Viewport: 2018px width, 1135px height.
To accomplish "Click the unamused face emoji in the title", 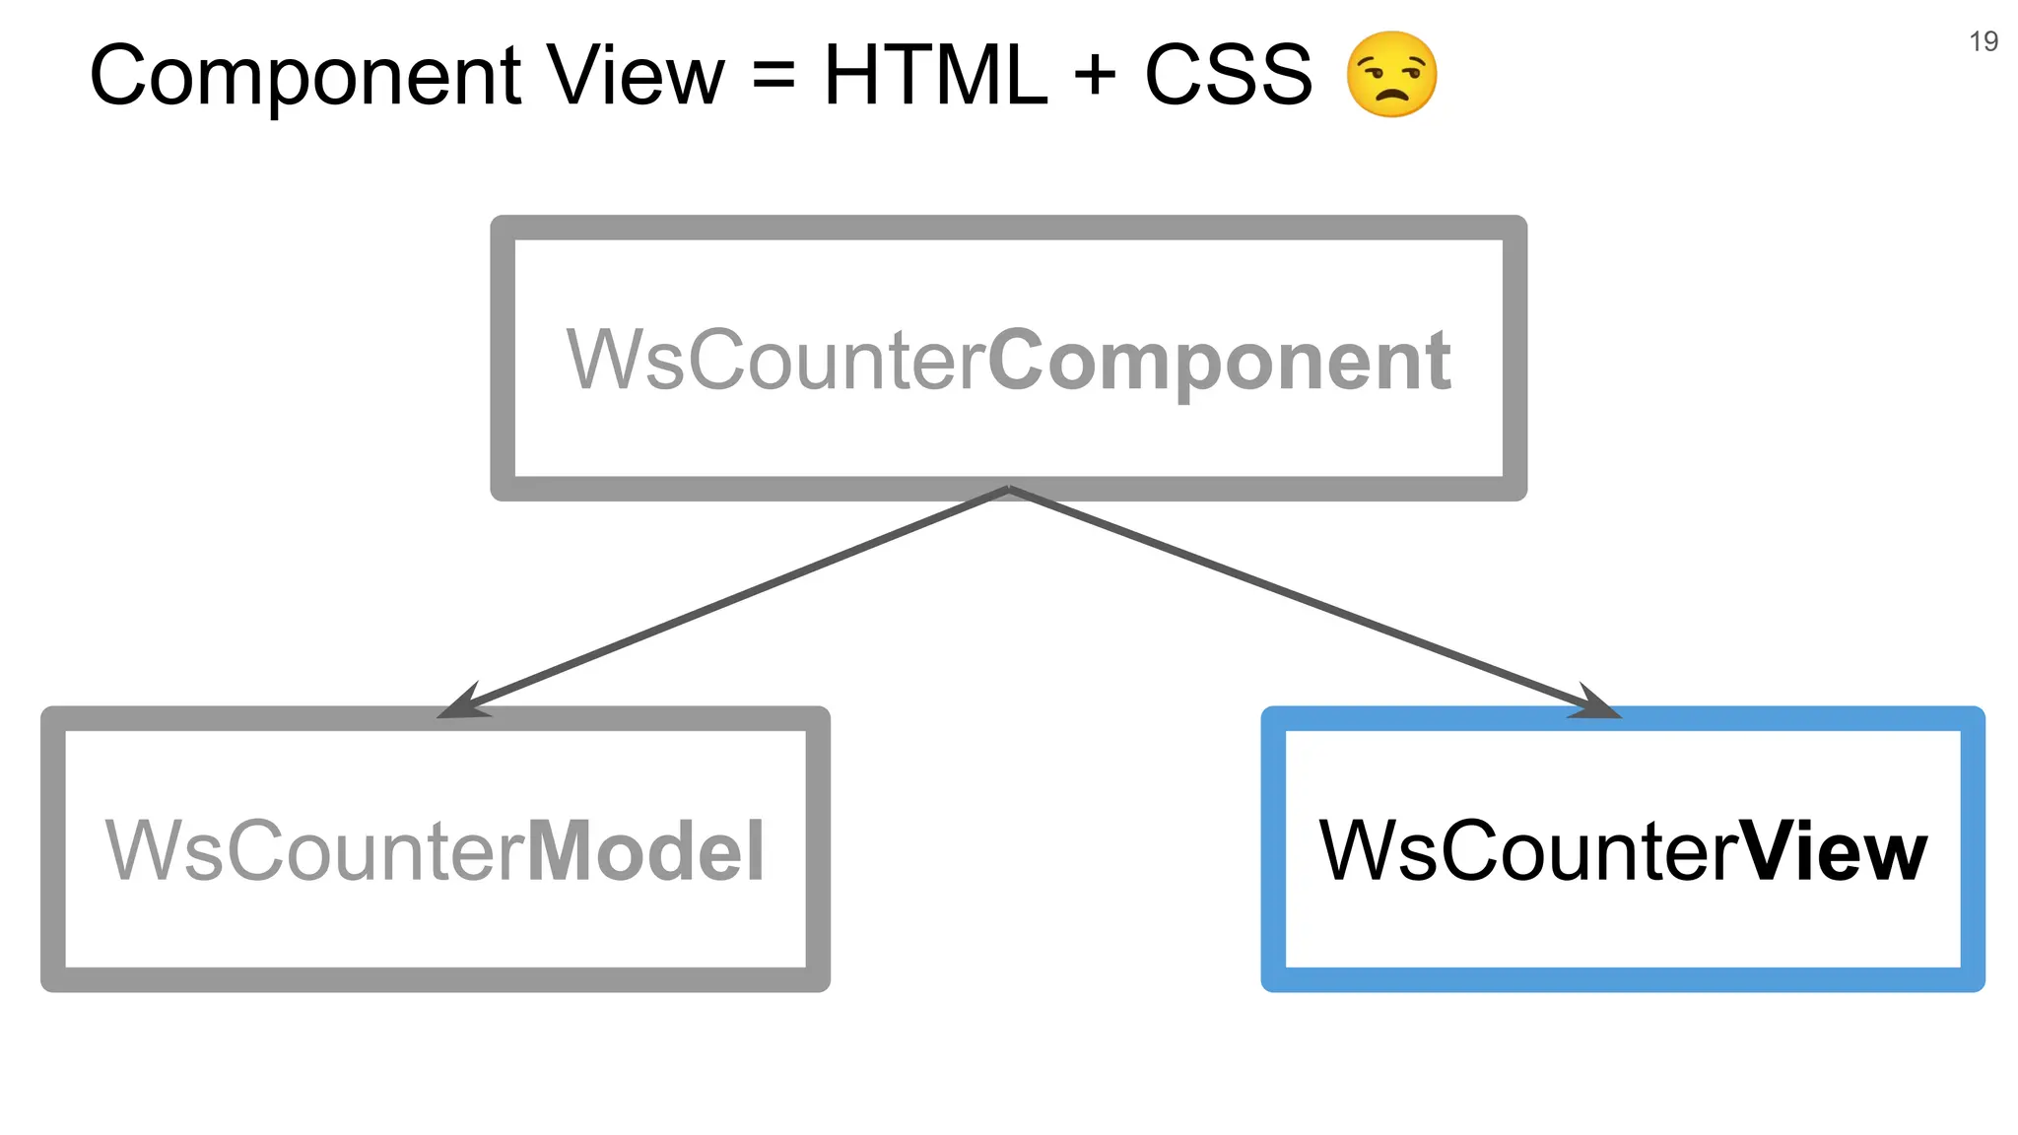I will [x=1391, y=75].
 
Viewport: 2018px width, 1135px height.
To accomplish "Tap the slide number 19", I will [x=1983, y=41].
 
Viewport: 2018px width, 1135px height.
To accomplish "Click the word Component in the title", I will [x=305, y=77].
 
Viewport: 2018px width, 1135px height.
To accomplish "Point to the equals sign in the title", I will [x=774, y=75].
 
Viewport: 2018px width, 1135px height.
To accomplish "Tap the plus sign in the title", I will [x=1095, y=75].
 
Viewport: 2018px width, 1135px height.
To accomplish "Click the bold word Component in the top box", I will [x=1219, y=362].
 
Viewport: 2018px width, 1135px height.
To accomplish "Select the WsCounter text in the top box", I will [x=775, y=360].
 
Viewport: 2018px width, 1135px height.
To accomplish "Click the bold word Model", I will [x=646, y=850].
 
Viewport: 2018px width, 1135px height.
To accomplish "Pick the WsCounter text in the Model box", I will [x=315, y=850].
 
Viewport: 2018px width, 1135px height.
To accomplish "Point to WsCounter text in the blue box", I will [x=1528, y=850].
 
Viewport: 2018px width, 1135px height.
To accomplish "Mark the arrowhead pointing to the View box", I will [x=1592, y=703].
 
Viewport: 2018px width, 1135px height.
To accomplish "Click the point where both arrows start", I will [x=1009, y=489].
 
